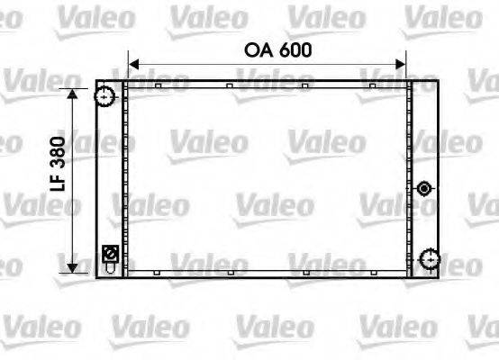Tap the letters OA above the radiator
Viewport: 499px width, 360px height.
(258, 50)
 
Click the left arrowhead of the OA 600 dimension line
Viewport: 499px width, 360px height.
(133, 64)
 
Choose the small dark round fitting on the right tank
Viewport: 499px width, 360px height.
(425, 188)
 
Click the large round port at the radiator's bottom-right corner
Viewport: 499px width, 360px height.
(429, 260)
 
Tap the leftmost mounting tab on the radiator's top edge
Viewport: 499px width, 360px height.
(158, 85)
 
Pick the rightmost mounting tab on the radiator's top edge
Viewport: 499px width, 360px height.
(372, 85)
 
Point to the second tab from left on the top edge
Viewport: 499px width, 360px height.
(230, 85)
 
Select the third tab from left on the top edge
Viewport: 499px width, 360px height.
(305, 85)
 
